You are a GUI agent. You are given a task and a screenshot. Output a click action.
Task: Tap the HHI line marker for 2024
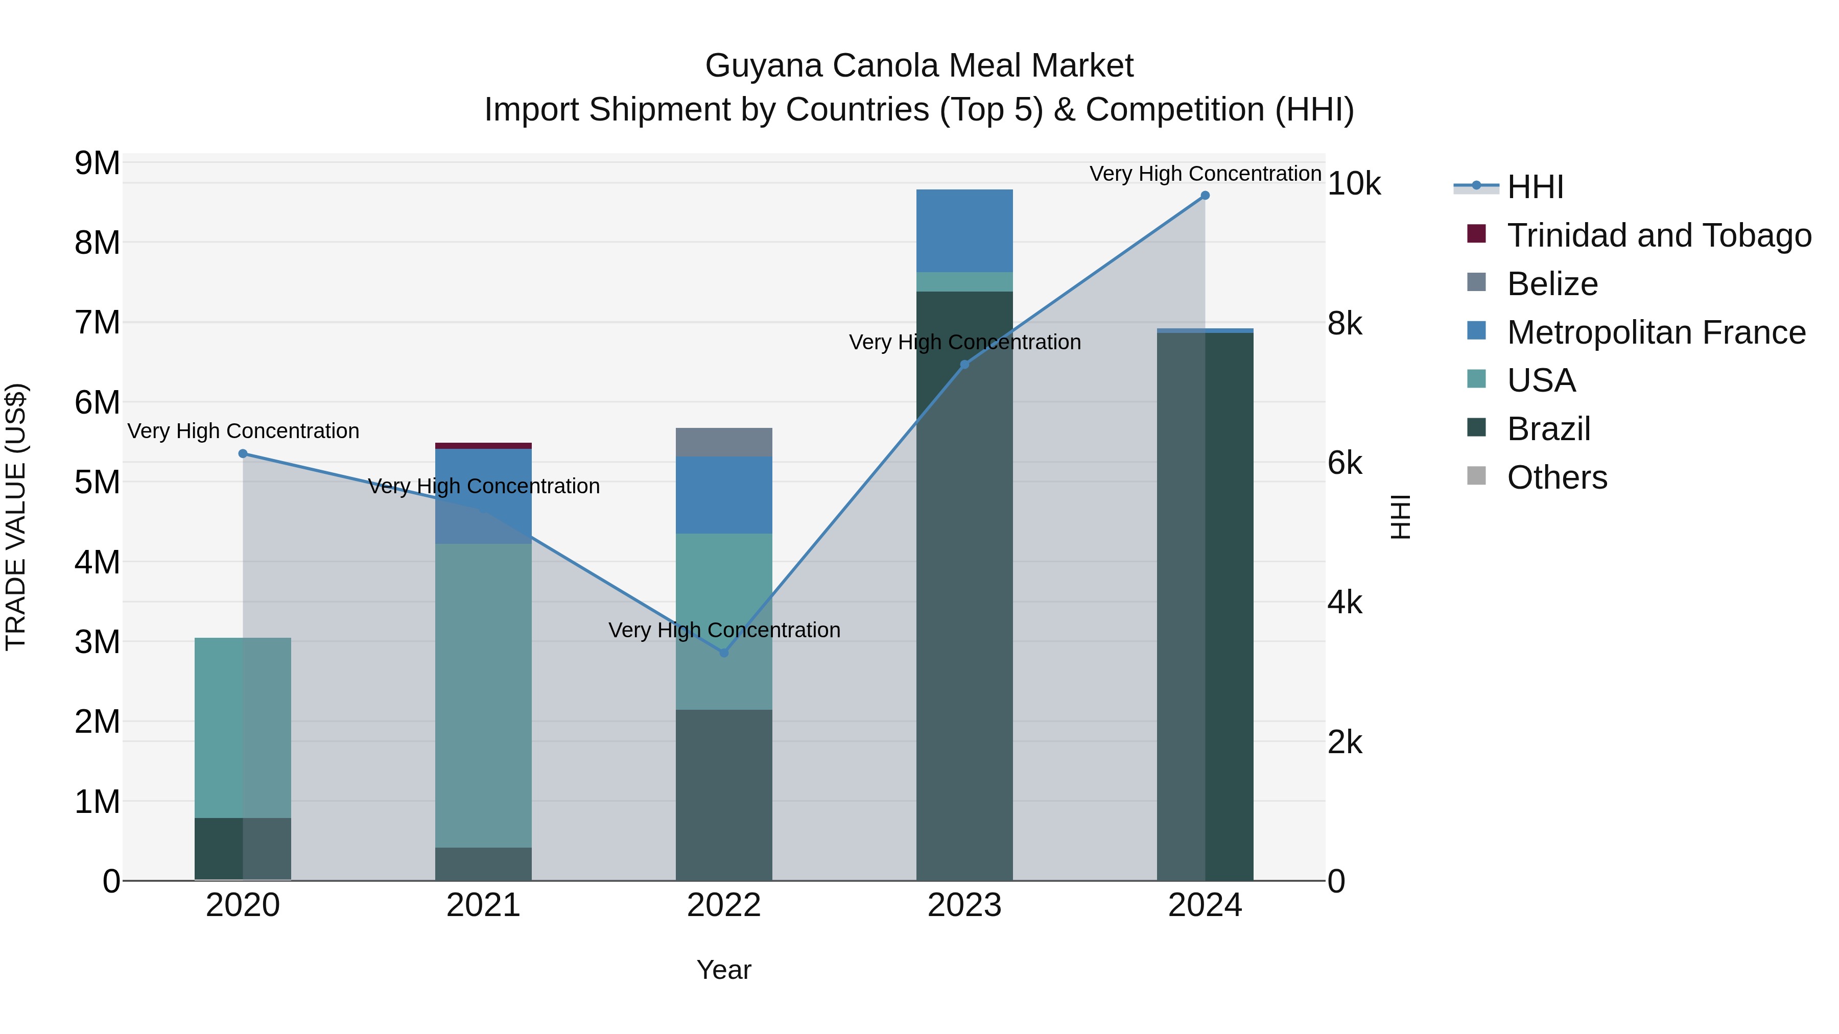[1205, 196]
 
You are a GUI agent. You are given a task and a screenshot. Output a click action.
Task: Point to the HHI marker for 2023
[964, 365]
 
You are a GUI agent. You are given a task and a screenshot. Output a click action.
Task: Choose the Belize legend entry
[1552, 284]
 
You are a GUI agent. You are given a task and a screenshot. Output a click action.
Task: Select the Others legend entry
[1557, 477]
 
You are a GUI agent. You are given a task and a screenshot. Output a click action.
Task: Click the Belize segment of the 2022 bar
[724, 442]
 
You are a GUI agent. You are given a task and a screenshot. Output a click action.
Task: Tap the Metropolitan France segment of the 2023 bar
[964, 230]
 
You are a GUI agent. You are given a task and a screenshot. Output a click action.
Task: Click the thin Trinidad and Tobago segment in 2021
[483, 446]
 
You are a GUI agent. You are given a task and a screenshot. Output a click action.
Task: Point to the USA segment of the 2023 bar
[964, 282]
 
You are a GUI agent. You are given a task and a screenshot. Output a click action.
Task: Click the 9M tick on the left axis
[97, 163]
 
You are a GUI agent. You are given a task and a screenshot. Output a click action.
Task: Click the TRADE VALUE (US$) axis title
[16, 517]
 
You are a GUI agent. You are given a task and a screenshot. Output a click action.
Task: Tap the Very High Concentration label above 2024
[1205, 174]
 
